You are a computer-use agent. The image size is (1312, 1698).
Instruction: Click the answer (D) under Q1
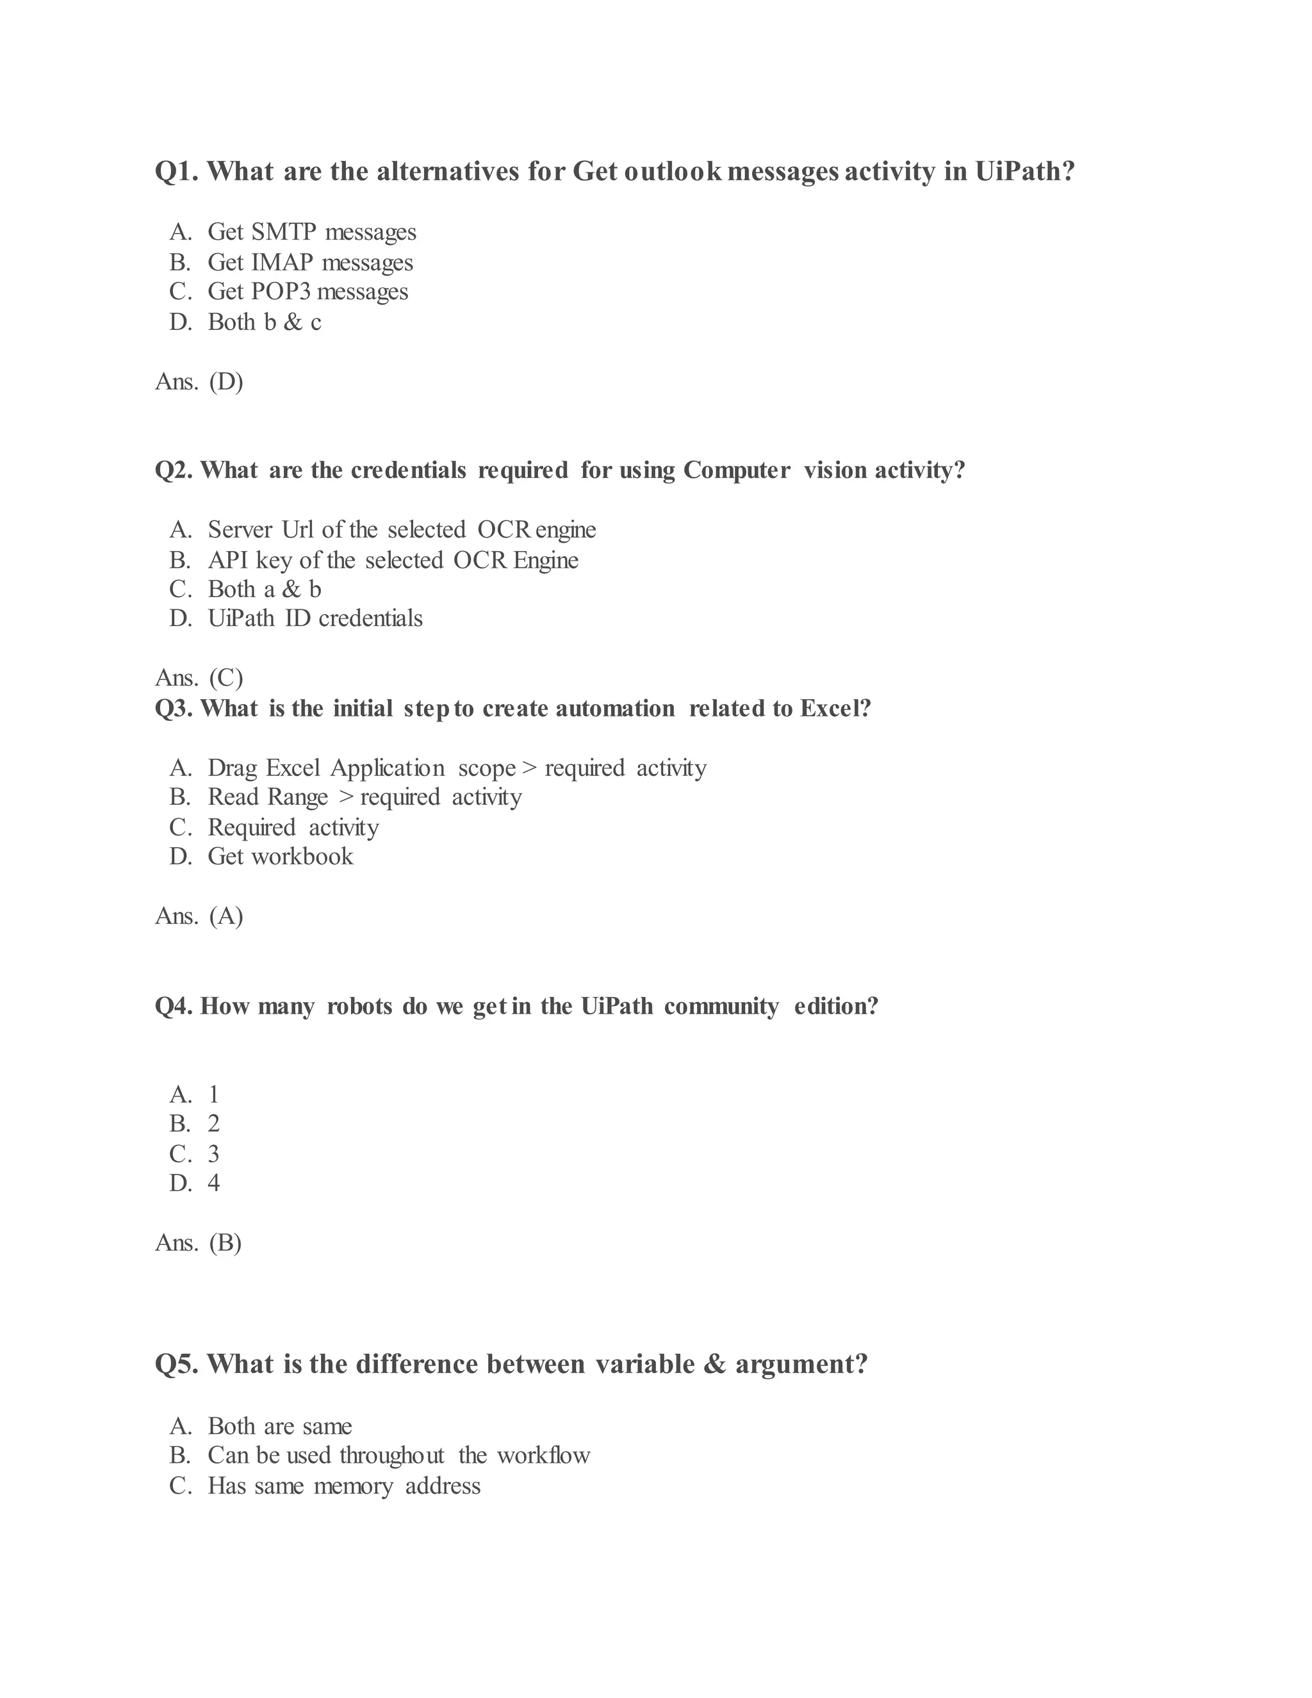tap(226, 382)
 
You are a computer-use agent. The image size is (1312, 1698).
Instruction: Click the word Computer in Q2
tap(737, 470)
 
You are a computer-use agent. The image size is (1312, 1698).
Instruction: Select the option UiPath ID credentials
tap(315, 618)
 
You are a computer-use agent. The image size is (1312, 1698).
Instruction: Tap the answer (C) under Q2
tap(226, 678)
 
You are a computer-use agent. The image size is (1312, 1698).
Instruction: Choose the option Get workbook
tap(280, 857)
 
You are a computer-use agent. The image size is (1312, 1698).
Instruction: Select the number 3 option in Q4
tap(214, 1154)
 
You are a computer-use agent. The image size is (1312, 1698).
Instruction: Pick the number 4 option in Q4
tap(214, 1183)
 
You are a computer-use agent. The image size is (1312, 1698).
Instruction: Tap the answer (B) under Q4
tap(225, 1242)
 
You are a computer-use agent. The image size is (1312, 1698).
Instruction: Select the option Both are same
tap(280, 1426)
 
